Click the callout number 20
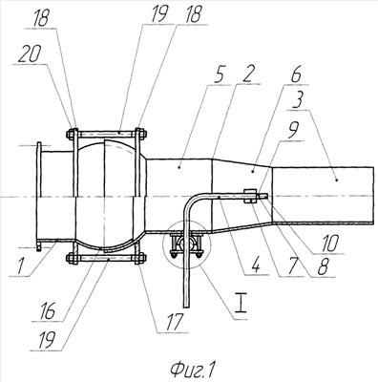[30, 55]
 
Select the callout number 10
[331, 244]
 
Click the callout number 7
[291, 266]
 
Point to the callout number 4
[257, 266]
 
